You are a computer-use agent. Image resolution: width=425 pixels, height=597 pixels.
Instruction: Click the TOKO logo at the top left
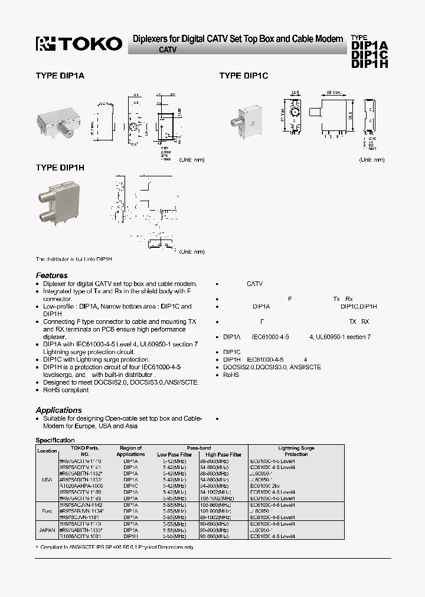click(x=79, y=43)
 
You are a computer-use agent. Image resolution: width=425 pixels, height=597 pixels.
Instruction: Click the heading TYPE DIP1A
click(x=60, y=76)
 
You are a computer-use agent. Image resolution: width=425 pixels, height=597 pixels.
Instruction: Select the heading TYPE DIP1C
click(x=244, y=76)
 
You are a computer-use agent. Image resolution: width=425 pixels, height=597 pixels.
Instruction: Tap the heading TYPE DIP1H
click(x=60, y=168)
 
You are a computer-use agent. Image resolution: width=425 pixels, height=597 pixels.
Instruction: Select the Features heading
click(x=51, y=275)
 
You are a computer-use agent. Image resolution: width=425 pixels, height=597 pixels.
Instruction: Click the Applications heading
click(x=58, y=410)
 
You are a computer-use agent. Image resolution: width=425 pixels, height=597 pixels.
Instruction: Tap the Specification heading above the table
click(x=55, y=440)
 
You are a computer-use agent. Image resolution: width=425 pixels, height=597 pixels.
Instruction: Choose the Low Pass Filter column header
click(x=174, y=455)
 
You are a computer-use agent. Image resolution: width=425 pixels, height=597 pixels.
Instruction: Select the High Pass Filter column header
click(x=224, y=455)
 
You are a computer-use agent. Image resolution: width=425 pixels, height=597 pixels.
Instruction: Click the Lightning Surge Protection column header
click(x=296, y=451)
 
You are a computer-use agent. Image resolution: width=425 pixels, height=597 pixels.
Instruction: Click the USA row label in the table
click(x=47, y=480)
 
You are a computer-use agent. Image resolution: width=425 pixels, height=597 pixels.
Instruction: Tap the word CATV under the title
click(x=168, y=51)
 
